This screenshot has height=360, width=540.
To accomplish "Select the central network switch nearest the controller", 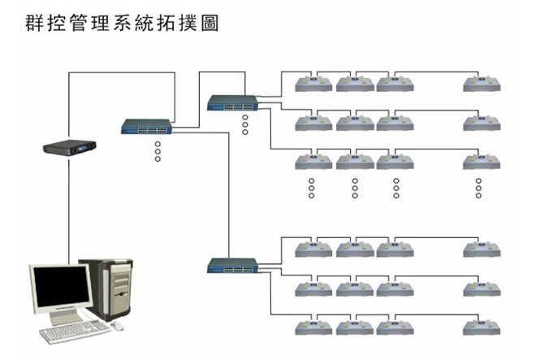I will point(147,127).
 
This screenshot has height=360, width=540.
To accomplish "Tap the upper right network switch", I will point(233,102).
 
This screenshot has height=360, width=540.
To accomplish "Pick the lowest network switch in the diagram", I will point(233,264).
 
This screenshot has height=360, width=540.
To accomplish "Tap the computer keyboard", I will point(75,331).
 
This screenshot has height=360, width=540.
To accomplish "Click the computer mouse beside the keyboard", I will point(118,326).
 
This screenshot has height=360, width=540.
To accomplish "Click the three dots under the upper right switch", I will point(244,124).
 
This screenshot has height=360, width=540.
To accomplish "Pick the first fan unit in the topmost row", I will point(313,82).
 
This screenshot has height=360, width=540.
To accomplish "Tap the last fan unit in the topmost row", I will point(482,82).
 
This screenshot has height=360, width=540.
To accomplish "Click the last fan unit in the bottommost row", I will point(482,328).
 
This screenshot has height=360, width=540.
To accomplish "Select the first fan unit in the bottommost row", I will point(313,328).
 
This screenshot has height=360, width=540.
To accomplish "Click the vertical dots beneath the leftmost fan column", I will point(311,188).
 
